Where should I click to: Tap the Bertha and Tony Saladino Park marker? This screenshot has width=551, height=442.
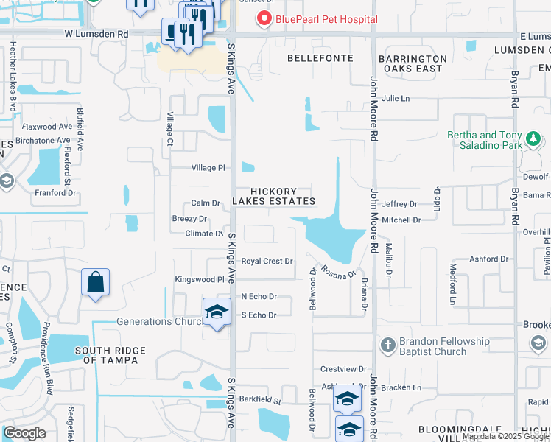pos(533,138)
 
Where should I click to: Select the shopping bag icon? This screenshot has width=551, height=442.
pos(96,282)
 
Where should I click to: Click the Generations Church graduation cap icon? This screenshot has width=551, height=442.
pos(217,312)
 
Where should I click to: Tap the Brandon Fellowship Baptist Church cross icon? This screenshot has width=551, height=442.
pos(388,345)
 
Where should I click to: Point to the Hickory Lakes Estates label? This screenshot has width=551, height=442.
pos(274,197)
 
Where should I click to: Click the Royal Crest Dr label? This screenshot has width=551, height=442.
pos(267,261)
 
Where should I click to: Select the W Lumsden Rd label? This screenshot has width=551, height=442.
pos(96,34)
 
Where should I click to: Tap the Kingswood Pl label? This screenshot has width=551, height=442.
pos(199,280)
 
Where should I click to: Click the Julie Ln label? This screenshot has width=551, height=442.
pos(395,98)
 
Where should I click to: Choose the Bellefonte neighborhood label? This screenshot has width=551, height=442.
pos(320,58)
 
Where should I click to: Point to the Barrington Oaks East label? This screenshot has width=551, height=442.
pos(413,63)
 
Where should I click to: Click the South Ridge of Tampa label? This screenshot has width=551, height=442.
pos(110,355)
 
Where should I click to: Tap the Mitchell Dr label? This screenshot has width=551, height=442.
pos(401,220)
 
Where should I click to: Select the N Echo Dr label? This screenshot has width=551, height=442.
pos(259,296)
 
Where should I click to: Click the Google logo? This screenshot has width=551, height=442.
pos(25,433)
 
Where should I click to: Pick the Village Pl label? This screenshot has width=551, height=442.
pos(208,168)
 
